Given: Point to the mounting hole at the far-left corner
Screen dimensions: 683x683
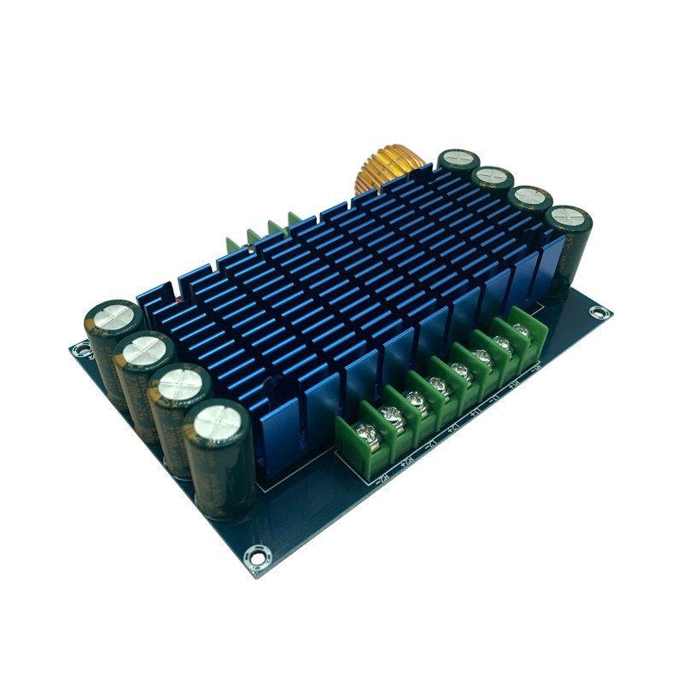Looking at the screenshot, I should (x=80, y=348).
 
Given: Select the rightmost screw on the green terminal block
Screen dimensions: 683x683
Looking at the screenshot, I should (x=520, y=330).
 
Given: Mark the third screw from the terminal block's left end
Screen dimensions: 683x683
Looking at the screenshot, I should (x=416, y=397).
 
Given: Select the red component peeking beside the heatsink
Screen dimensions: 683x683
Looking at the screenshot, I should (x=178, y=301).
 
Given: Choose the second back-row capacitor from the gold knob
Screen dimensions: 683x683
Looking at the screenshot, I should (x=493, y=177).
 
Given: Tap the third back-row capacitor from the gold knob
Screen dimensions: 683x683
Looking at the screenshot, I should (x=529, y=196).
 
